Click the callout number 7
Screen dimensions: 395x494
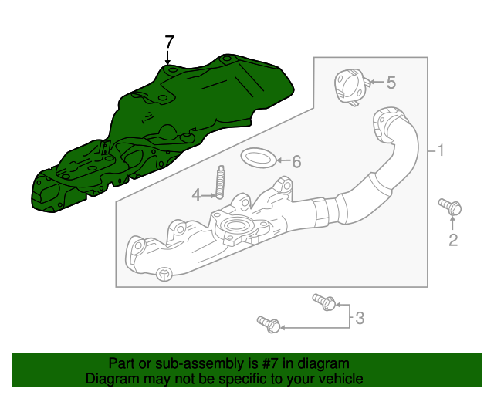pyautogui.click(x=170, y=41)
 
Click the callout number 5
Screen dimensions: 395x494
pyautogui.click(x=391, y=81)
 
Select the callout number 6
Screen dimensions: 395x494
pyautogui.click(x=296, y=161)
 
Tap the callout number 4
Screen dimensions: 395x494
pyautogui.click(x=196, y=195)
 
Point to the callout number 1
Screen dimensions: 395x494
pyautogui.click(x=441, y=150)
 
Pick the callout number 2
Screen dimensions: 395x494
pyautogui.click(x=453, y=241)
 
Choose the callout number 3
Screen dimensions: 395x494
pyautogui.click(x=359, y=316)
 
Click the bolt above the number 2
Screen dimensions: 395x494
pyautogui.click(x=450, y=206)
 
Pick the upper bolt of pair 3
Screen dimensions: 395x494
pyautogui.click(x=323, y=301)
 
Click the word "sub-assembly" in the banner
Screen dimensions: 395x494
pyautogui.click(x=186, y=363)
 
